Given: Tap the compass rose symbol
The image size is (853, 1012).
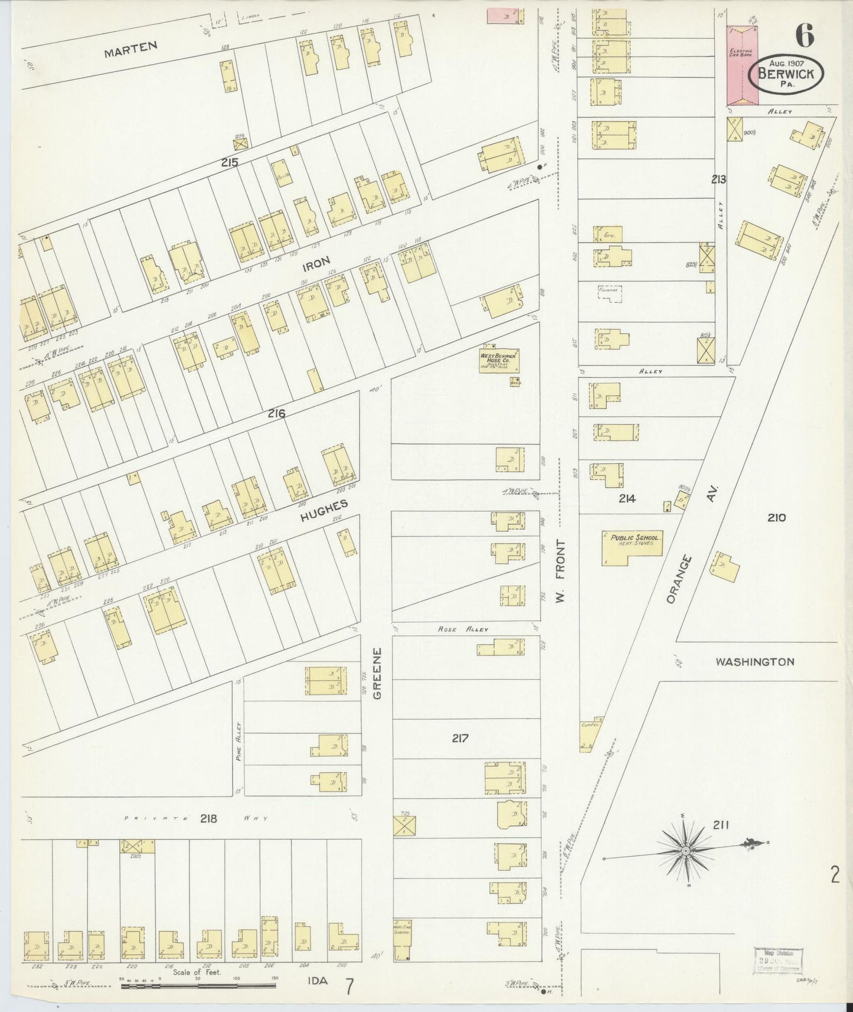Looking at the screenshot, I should point(685,850).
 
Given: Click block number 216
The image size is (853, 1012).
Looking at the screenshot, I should point(276,414).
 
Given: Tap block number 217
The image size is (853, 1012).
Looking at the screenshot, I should point(460,738).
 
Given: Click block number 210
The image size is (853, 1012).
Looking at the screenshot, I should point(776,518).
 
